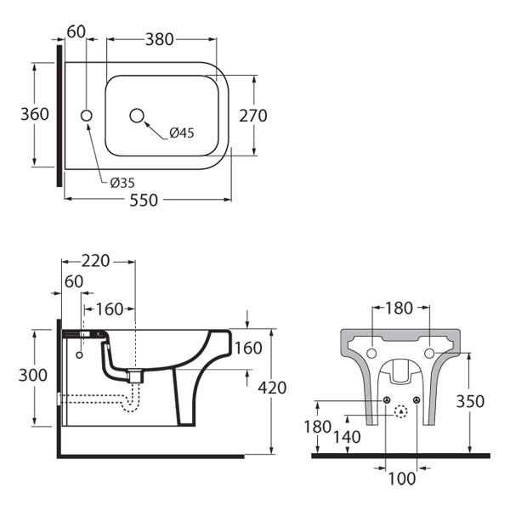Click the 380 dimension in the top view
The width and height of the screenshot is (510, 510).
(x=160, y=38)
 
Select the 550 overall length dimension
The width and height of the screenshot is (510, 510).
(x=147, y=200)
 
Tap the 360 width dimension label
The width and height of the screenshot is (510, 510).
(x=35, y=114)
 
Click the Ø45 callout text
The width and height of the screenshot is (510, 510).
(x=181, y=133)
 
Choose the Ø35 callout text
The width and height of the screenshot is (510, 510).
(x=122, y=181)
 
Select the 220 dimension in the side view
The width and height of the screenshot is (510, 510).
(x=95, y=261)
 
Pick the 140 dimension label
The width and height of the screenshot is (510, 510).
(x=348, y=437)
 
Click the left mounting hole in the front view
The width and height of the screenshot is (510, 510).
(x=371, y=353)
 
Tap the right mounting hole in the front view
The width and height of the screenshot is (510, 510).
(x=429, y=353)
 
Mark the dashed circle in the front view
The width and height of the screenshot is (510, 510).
(x=401, y=412)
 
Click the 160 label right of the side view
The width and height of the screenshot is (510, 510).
(x=247, y=348)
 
